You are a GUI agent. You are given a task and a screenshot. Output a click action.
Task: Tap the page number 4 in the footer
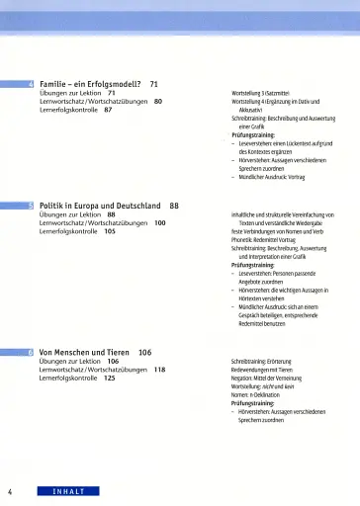coord(9,492)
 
